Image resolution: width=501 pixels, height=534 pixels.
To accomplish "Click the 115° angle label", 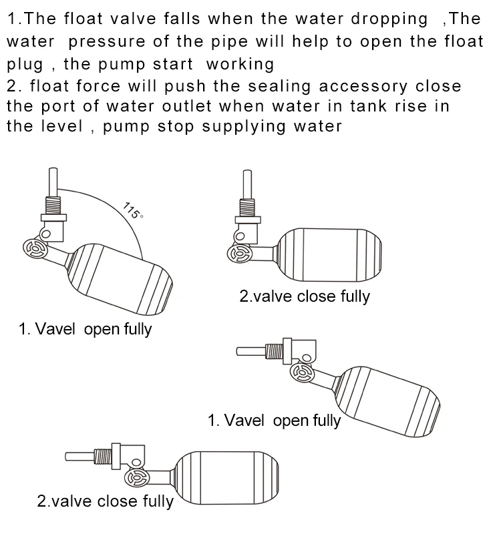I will (x=134, y=210).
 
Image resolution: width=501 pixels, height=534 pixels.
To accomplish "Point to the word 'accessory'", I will (x=361, y=86).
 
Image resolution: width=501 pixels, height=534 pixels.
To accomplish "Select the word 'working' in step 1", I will (x=240, y=64).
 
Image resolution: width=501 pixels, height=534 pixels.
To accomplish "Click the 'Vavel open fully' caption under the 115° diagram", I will (x=85, y=329).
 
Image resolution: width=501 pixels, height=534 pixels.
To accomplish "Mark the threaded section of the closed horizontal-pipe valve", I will (x=104, y=456).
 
